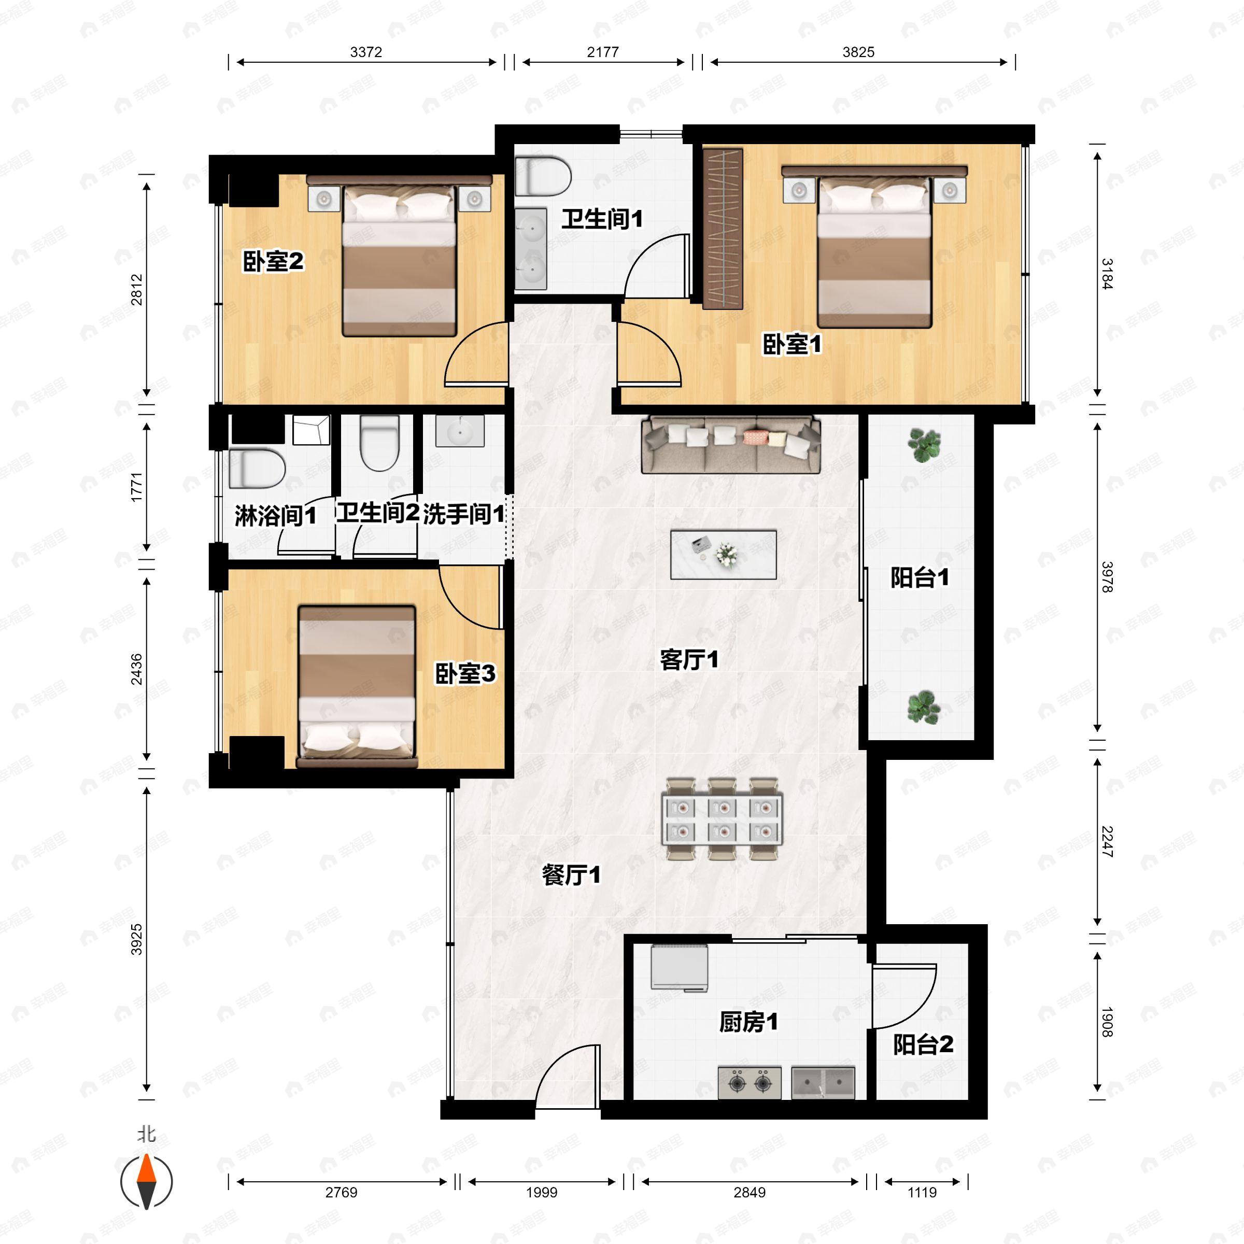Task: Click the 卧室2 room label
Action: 273,261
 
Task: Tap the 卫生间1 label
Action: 602,219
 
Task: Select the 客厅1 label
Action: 689,659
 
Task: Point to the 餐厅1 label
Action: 571,874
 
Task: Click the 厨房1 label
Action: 748,1021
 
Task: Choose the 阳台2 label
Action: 923,1044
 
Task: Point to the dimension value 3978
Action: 1107,577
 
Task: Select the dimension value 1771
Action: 136,487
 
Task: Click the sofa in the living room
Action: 731,444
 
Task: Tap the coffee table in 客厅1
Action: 723,555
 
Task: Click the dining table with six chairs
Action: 723,819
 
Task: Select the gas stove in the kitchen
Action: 750,1082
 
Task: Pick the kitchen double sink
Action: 824,1082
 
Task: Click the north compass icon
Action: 147,1181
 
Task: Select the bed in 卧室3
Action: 356,686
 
